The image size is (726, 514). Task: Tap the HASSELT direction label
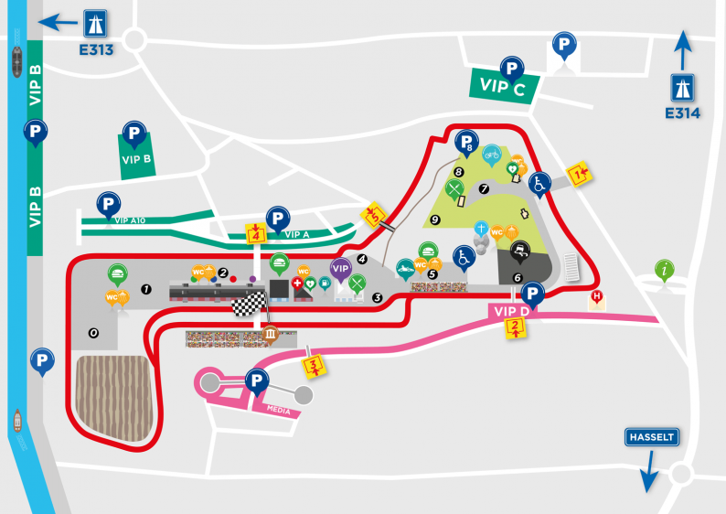651,437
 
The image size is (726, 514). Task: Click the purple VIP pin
340,268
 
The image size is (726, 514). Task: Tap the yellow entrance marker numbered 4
255,232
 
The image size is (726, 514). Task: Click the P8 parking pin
466,143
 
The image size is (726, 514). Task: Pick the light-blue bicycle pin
493,154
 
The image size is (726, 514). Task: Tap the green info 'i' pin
665,269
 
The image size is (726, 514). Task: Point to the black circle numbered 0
92,333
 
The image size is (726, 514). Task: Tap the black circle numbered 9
435,219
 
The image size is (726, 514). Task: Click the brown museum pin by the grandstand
272,334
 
